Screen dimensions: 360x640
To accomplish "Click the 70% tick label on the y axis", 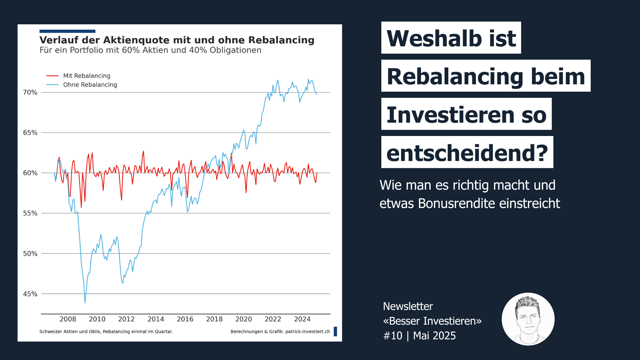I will pyautogui.click(x=30, y=92).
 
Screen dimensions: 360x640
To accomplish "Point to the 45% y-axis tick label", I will pyautogui.click(x=30, y=294).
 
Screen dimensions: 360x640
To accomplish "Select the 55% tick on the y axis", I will pyautogui.click(x=30, y=213).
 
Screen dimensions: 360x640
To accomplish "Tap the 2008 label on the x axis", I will pyautogui.click(x=68, y=319).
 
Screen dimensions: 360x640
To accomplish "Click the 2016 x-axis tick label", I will pyautogui.click(x=185, y=319).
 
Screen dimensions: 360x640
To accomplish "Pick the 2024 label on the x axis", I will pyautogui.click(x=302, y=319).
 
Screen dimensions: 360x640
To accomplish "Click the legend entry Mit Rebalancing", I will pyautogui.click(x=87, y=76).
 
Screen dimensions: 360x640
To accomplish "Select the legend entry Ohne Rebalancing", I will pyautogui.click(x=90, y=85).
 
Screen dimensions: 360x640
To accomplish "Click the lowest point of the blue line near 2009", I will pyautogui.click(x=85, y=302).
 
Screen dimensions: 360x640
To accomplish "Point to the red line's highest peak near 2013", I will pyautogui.click(x=143, y=151).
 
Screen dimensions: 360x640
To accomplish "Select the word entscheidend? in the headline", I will pyautogui.click(x=467, y=153).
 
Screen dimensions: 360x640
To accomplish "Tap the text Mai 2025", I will pyautogui.click(x=434, y=336).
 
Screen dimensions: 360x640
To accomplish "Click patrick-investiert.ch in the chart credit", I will pyautogui.click(x=307, y=332).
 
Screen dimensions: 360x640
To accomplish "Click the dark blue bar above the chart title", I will pyautogui.click(x=67, y=31).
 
